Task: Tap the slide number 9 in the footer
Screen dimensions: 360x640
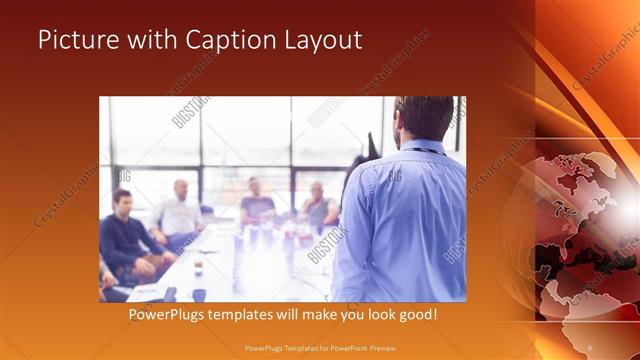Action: point(589,347)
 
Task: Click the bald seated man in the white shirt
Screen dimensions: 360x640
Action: point(180,210)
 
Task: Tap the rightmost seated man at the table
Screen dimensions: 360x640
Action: point(318,205)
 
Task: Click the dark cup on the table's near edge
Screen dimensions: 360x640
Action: point(199,294)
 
